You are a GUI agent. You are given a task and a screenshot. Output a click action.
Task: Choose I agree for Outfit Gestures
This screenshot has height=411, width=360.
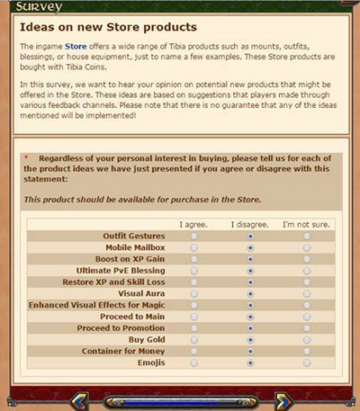click(194, 236)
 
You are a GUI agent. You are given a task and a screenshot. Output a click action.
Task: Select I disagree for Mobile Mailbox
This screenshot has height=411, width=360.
click(250, 247)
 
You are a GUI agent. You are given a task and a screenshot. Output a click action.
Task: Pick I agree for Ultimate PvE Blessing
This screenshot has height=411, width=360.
click(194, 271)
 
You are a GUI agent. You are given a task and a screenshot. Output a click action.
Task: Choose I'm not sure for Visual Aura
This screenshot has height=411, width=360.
click(307, 294)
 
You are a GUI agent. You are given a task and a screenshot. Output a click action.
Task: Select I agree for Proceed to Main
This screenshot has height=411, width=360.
click(194, 317)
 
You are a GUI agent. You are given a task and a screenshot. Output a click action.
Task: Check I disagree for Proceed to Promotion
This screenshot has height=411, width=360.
click(250, 329)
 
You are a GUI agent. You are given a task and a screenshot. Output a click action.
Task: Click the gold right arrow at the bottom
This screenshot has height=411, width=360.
click(283, 399)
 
